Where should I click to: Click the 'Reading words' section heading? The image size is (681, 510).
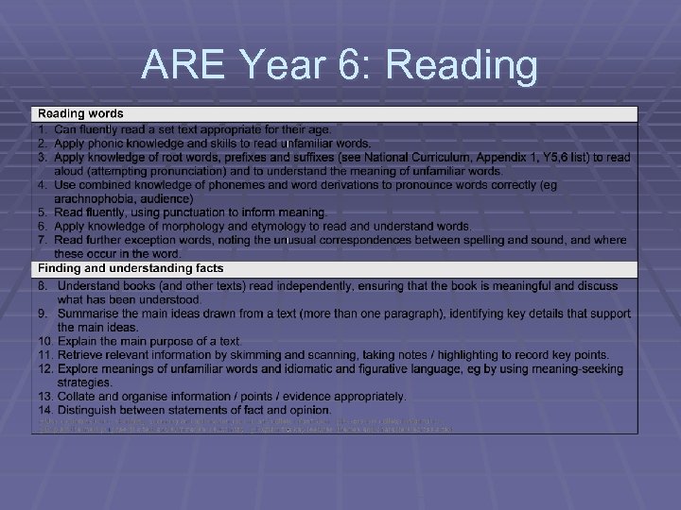80,114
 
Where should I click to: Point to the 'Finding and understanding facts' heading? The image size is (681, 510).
131,269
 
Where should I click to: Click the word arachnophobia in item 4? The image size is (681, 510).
97,199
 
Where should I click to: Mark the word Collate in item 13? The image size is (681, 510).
77,397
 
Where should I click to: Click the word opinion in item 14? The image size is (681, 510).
307,410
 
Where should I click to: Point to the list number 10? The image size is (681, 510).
45,341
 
